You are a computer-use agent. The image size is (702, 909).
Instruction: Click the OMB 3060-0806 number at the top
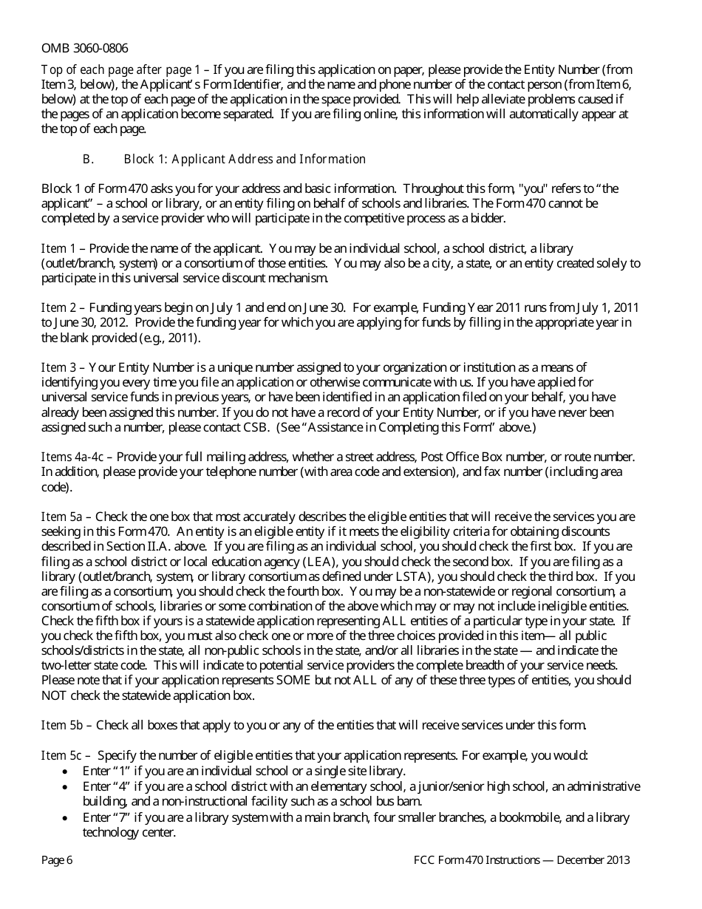pos(84,48)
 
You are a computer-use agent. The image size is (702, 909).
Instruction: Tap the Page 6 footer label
pos(57,859)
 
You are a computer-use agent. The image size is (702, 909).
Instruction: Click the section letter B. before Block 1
pos(88,159)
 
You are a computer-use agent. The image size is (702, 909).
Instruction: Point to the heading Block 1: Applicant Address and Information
pos(245,159)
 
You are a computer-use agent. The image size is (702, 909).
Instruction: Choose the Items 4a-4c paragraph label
pos(72,457)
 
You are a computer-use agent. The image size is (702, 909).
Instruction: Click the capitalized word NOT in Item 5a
pos(55,695)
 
